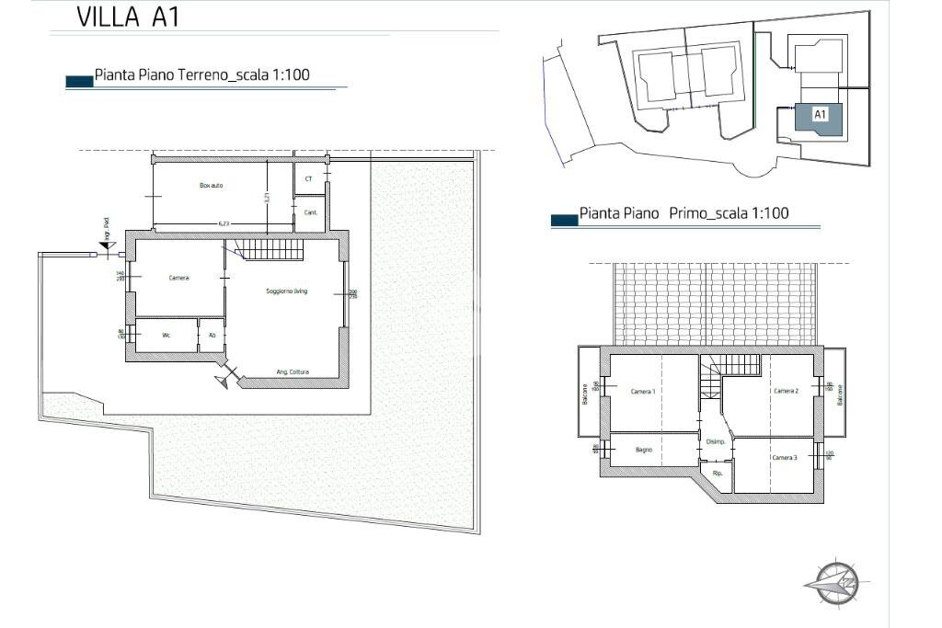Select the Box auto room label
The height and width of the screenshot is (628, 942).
tap(212, 185)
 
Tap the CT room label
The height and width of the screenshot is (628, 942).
tap(309, 178)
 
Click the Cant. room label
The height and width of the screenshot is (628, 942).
tap(310, 212)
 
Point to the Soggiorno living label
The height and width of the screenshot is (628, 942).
tap(286, 291)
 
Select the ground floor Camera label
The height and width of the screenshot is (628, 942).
tap(178, 278)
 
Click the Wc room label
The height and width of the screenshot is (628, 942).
tap(167, 336)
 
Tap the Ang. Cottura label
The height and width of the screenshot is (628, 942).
tap(293, 372)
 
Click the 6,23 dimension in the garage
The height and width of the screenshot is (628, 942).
tap(224, 223)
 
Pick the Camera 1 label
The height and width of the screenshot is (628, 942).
tap(643, 392)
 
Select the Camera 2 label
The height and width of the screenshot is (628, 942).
tap(785, 391)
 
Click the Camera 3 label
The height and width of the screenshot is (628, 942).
tap(784, 457)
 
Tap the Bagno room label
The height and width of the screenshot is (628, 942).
tap(644, 450)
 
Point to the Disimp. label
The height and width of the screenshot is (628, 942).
tap(716, 442)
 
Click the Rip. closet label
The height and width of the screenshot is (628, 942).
tap(718, 473)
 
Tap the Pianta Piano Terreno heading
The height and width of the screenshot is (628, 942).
tap(201, 75)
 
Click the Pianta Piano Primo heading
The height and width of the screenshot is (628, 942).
tap(684, 213)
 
